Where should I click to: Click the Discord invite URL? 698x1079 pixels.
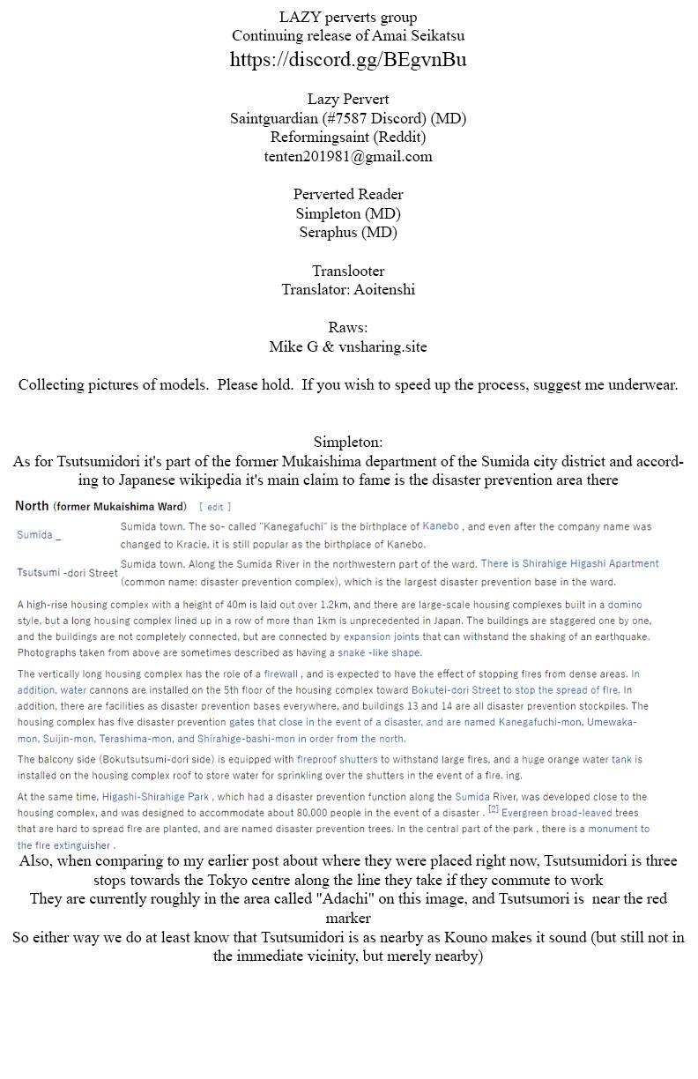[x=348, y=60]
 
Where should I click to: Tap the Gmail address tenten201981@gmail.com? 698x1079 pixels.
[x=348, y=156]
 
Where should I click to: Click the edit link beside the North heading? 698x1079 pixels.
[x=215, y=507]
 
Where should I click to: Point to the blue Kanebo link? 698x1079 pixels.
[x=441, y=526]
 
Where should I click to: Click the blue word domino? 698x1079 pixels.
[x=625, y=605]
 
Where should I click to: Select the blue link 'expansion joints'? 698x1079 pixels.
[x=381, y=636]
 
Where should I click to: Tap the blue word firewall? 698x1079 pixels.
[x=281, y=673]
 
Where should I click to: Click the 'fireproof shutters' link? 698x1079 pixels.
[x=338, y=759]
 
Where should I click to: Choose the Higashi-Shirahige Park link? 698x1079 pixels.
[x=155, y=797]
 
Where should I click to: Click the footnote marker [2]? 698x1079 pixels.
[x=494, y=809]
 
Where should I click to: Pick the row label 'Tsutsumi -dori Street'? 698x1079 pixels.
[x=67, y=572]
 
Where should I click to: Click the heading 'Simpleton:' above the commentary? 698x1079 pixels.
[x=348, y=442]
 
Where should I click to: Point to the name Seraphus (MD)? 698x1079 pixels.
[x=348, y=232]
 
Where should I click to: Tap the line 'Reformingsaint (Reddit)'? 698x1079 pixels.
[x=348, y=137]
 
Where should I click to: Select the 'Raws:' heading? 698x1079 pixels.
[x=348, y=327]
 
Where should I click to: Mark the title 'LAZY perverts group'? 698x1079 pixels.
[x=348, y=17]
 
